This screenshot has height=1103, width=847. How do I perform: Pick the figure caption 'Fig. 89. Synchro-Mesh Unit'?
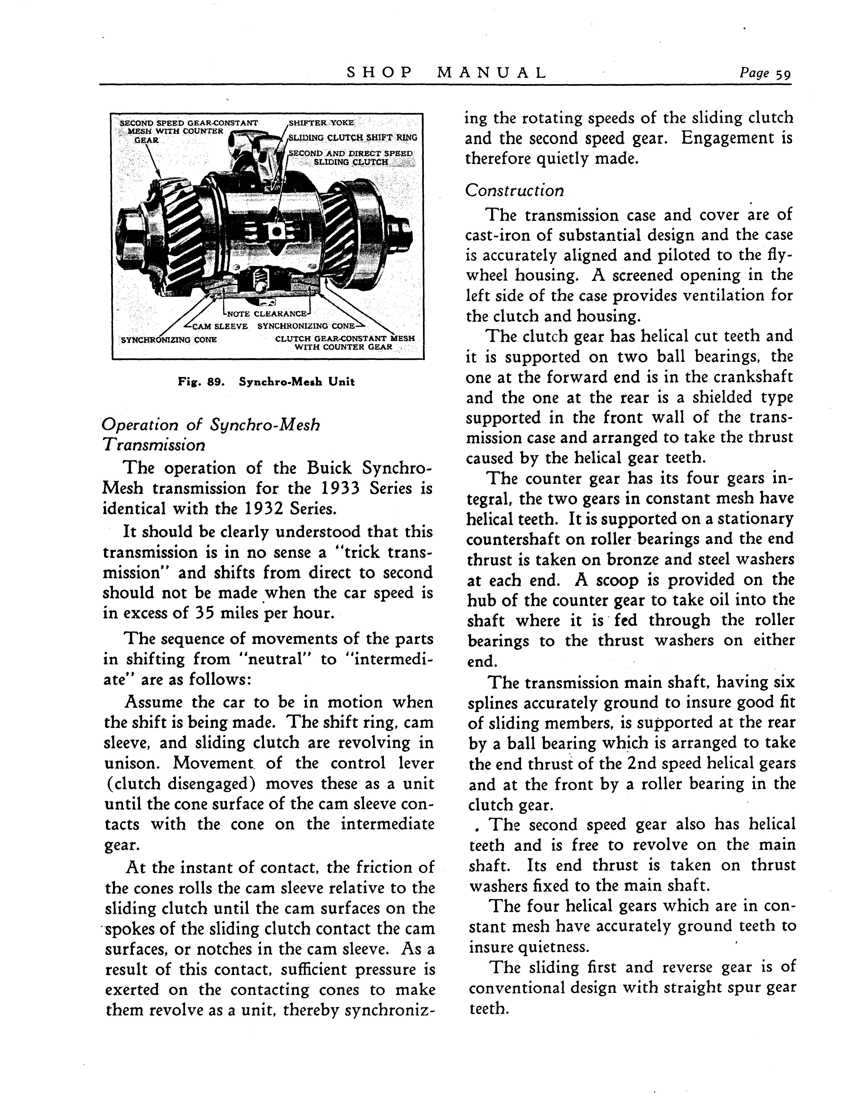(x=266, y=382)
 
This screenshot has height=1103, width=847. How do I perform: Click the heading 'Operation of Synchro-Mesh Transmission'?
(x=211, y=435)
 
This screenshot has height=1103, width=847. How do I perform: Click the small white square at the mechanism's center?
(x=275, y=231)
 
